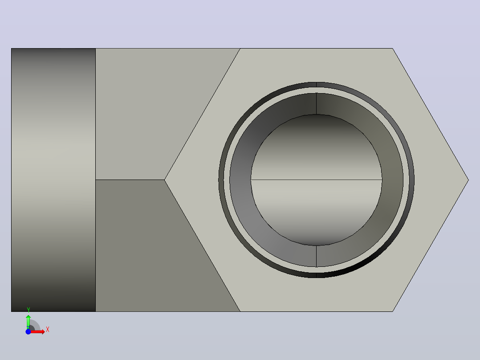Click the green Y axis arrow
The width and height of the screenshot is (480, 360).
coord(28,322)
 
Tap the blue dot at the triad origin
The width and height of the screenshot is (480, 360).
coord(28,332)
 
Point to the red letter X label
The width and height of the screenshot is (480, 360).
coord(48,330)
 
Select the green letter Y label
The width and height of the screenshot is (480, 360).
coord(28,310)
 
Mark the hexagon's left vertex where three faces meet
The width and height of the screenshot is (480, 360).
coord(165,180)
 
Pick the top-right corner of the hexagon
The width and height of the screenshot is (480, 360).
coord(392,49)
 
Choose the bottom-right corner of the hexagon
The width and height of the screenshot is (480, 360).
coord(392,311)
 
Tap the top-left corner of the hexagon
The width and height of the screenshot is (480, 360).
coord(240,49)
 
